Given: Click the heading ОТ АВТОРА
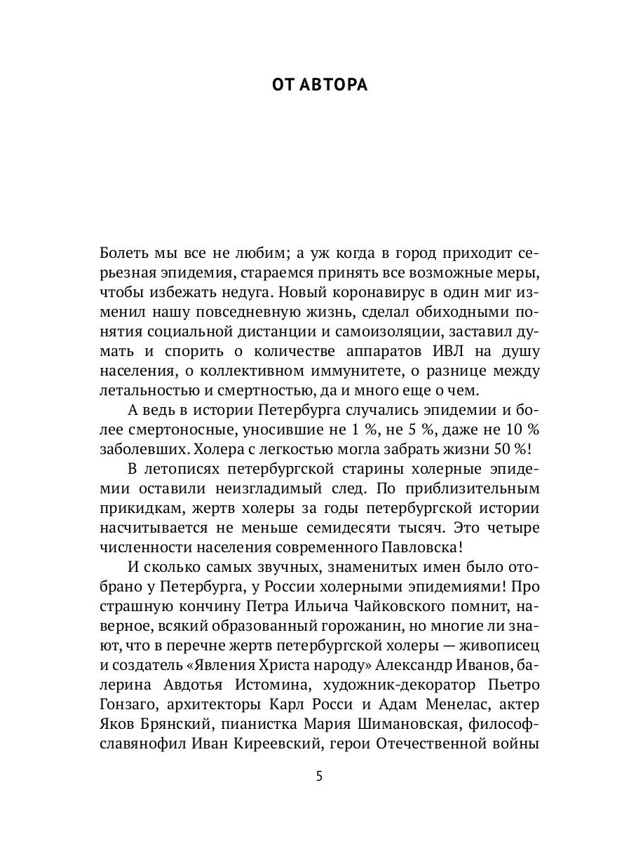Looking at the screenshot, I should (x=319, y=85).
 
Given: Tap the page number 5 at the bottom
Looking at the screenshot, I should (x=319, y=776).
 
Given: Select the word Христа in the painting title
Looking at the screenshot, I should (x=250, y=655).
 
